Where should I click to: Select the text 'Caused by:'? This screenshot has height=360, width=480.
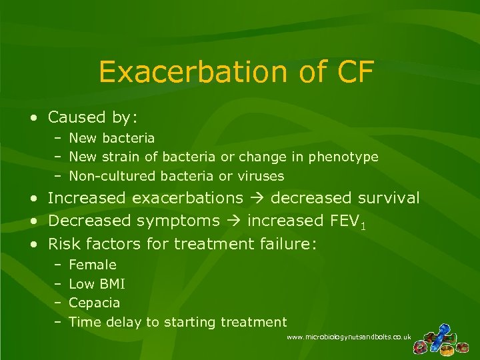point(93,118)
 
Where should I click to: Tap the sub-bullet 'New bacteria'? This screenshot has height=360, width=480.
point(111,138)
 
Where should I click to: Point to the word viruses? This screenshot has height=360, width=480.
point(261,177)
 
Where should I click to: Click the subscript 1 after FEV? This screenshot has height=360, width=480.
point(362,225)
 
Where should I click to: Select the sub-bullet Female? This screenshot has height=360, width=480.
point(92,265)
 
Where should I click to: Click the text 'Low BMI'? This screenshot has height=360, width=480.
point(97,285)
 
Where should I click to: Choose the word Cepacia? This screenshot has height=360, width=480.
point(95,303)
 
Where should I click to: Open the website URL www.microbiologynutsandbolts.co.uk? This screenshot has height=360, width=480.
point(349,338)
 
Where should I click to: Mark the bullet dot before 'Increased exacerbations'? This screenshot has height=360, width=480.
point(33,199)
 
